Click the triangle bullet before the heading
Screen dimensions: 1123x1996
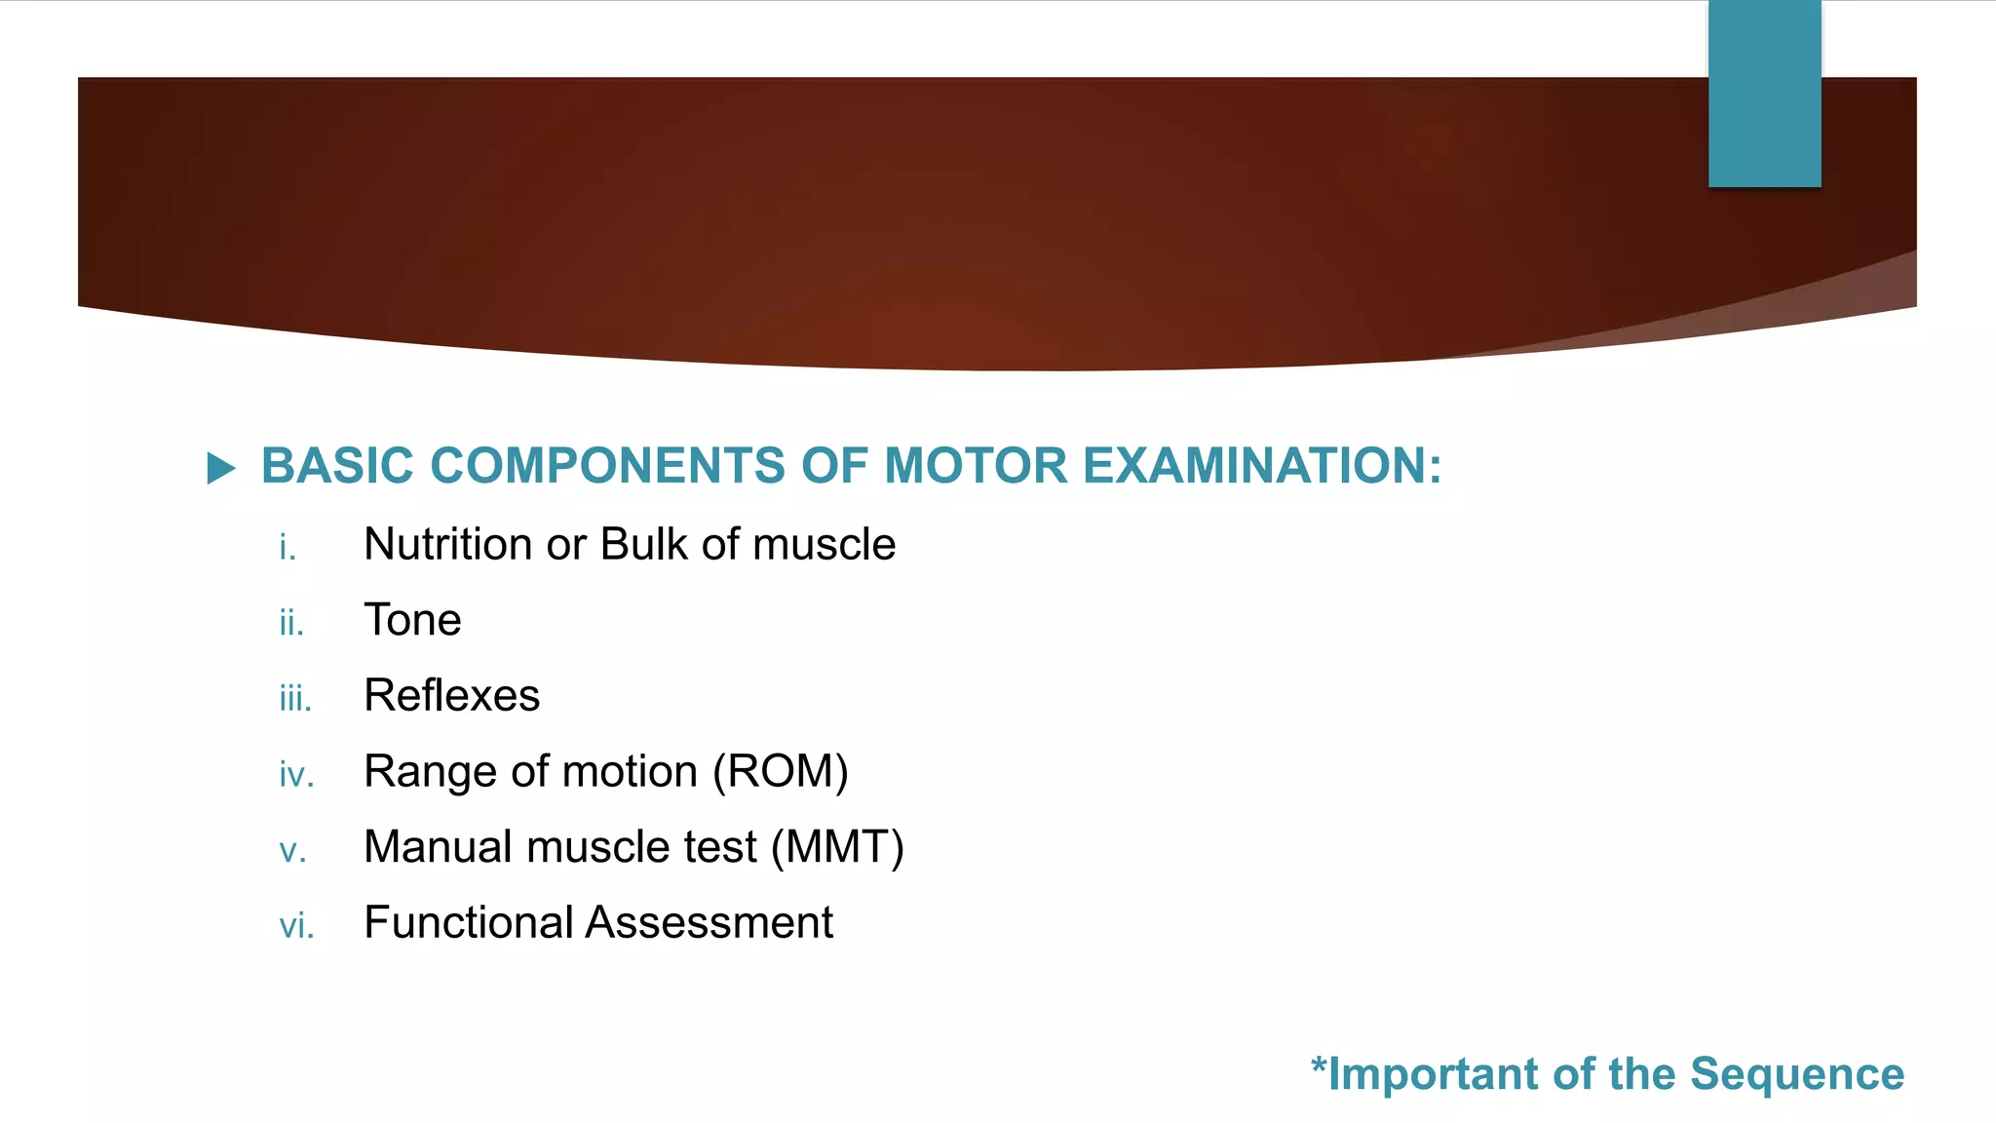[221, 469]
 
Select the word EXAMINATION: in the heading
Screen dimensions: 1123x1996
[1262, 466]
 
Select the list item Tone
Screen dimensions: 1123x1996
[412, 620]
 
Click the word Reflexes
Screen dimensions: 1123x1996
[451, 696]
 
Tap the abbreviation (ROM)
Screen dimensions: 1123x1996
[781, 772]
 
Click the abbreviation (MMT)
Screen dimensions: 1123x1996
[837, 847]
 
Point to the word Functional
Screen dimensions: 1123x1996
[468, 922]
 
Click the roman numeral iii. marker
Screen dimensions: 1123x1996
[295, 699]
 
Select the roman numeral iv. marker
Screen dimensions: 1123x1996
[296, 775]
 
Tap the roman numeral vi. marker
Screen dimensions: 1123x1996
[296, 926]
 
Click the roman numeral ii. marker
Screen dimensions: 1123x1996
[291, 623]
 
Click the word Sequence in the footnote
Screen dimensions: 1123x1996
[1796, 1074]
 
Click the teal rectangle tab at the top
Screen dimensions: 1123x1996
[1764, 94]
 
